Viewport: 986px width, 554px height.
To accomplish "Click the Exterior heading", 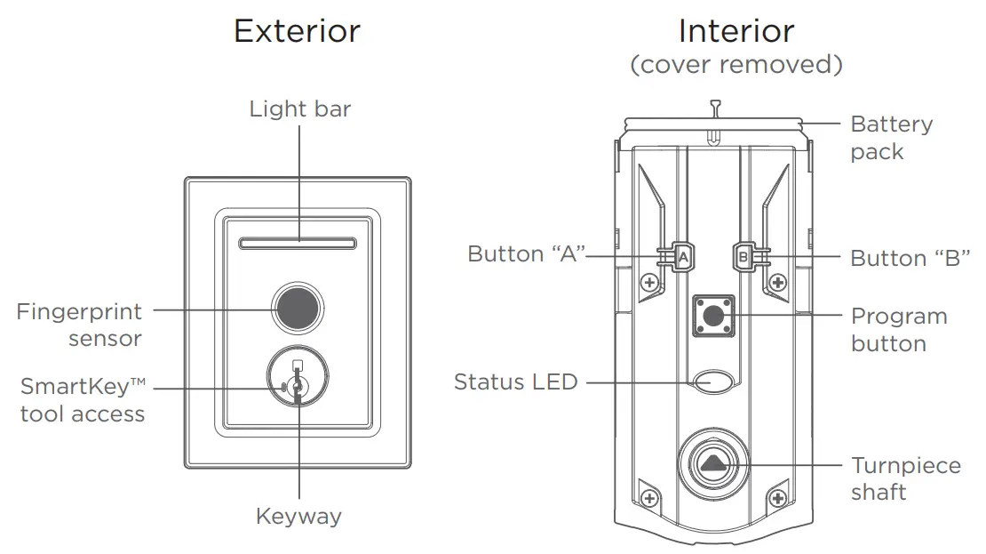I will click(297, 31).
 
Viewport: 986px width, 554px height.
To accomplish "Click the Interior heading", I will click(736, 31).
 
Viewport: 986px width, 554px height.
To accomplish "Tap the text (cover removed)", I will click(736, 65).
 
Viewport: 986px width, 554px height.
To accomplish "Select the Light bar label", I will click(299, 109).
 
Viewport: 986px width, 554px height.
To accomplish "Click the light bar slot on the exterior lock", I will click(298, 240).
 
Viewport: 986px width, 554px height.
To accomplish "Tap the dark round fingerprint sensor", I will click(298, 308).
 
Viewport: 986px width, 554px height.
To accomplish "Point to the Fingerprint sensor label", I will click(79, 325).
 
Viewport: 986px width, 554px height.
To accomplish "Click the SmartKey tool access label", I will click(83, 400).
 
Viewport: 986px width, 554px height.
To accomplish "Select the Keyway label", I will click(298, 517).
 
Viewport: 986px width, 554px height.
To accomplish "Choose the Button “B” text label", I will click(910, 259).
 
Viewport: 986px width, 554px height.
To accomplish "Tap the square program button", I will click(712, 316).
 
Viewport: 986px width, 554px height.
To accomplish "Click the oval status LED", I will click(713, 382).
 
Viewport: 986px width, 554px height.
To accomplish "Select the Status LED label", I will click(515, 382).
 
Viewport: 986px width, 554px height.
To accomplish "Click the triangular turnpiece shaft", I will click(713, 463).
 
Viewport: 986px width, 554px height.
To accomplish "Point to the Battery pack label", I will click(891, 138).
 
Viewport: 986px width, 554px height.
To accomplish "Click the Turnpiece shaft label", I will click(905, 478).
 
